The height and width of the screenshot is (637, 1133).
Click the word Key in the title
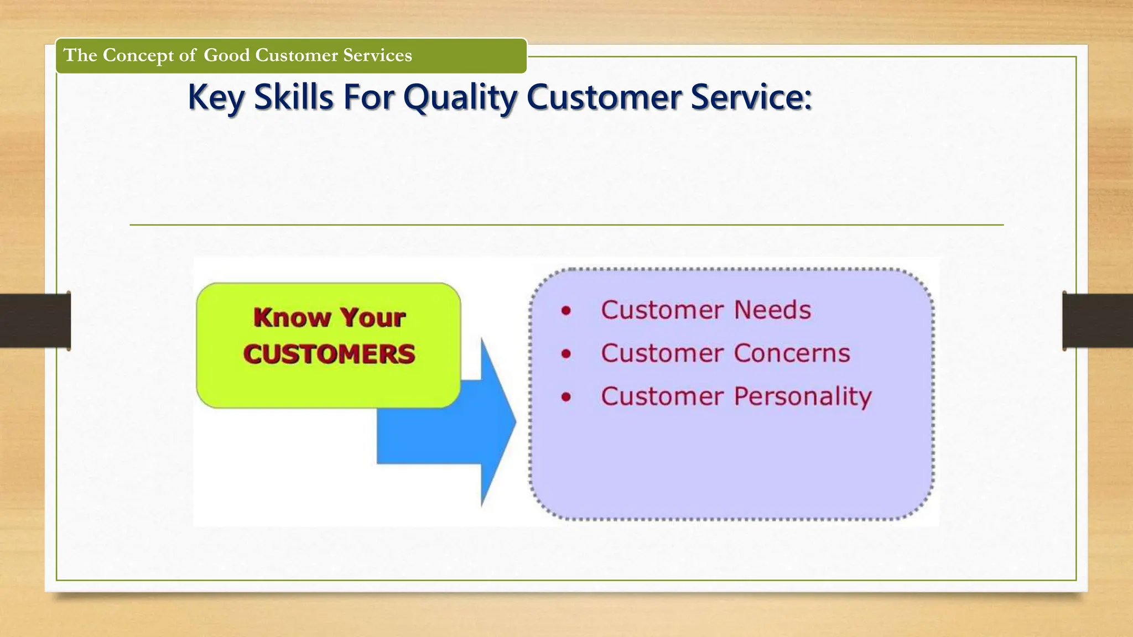(x=216, y=98)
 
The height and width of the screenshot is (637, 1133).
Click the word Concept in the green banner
(x=138, y=55)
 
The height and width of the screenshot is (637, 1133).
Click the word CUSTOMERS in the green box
(x=329, y=354)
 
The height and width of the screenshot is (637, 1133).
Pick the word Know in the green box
(x=292, y=318)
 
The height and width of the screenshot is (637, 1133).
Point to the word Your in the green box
(x=372, y=318)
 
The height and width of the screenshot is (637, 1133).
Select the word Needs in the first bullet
(x=772, y=310)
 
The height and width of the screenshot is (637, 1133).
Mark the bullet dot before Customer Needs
(x=565, y=311)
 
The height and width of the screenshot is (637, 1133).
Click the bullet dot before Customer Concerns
(x=565, y=354)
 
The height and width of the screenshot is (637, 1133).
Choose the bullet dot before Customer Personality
(x=565, y=397)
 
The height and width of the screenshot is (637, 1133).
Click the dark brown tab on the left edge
(x=35, y=321)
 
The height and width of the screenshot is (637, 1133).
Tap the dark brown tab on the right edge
(x=1097, y=321)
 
